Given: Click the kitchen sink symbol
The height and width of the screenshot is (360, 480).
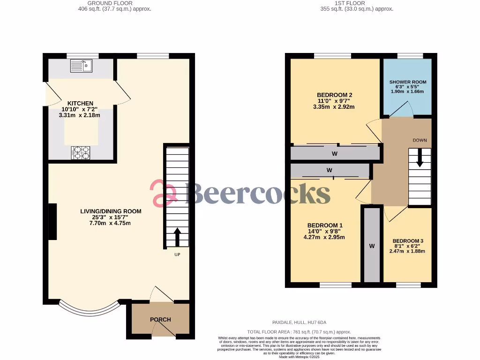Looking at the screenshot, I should (x=82, y=66).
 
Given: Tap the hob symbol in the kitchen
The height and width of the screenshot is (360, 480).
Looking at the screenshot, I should (x=82, y=152).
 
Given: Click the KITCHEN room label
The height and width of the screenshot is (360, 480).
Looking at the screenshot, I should (x=80, y=103).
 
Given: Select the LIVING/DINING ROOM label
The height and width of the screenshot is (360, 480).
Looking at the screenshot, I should (x=111, y=211).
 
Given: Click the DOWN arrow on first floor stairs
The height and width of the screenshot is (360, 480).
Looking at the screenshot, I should (x=420, y=158).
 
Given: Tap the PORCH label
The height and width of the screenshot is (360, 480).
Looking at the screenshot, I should (x=160, y=320).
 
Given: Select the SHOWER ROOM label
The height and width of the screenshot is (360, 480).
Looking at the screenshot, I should (x=408, y=82).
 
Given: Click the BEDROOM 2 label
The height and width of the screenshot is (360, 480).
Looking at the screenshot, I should (x=335, y=95).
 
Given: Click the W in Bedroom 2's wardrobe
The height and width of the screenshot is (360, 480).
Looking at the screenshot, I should (x=335, y=153).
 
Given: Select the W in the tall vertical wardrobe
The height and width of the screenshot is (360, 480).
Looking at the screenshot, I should (x=372, y=246).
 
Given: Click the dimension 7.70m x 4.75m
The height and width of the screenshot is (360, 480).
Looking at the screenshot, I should (x=111, y=223).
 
